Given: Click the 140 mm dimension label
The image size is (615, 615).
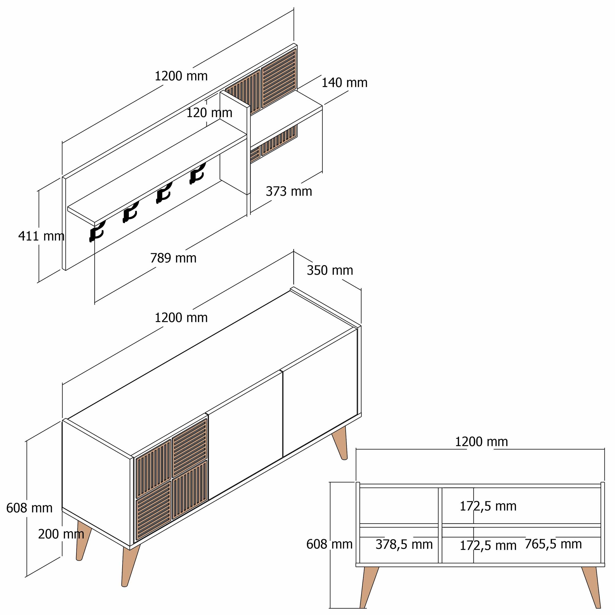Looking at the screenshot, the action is point(344,83).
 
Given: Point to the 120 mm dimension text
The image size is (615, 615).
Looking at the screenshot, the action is point(209,113).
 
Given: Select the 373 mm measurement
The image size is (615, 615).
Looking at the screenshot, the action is point(289,191).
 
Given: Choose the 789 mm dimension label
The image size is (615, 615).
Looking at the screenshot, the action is point(173,258).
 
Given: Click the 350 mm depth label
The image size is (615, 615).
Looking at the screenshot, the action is point(330,270).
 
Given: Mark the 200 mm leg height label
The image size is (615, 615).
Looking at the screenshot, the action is point(61,534).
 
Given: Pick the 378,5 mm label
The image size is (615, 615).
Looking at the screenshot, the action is point(404,544).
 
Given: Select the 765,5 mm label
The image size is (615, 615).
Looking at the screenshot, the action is point(553,544).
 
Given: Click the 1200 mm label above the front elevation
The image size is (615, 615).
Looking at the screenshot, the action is point(481,442).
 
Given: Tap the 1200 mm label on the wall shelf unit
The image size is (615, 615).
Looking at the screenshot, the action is point(181,76).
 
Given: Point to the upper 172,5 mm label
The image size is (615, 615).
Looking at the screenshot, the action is point(488,506).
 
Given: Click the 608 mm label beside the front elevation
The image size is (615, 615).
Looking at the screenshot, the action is point(329,544).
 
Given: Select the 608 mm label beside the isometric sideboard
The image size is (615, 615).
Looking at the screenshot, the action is point(29,508).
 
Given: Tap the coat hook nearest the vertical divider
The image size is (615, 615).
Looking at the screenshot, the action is point(197,173).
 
